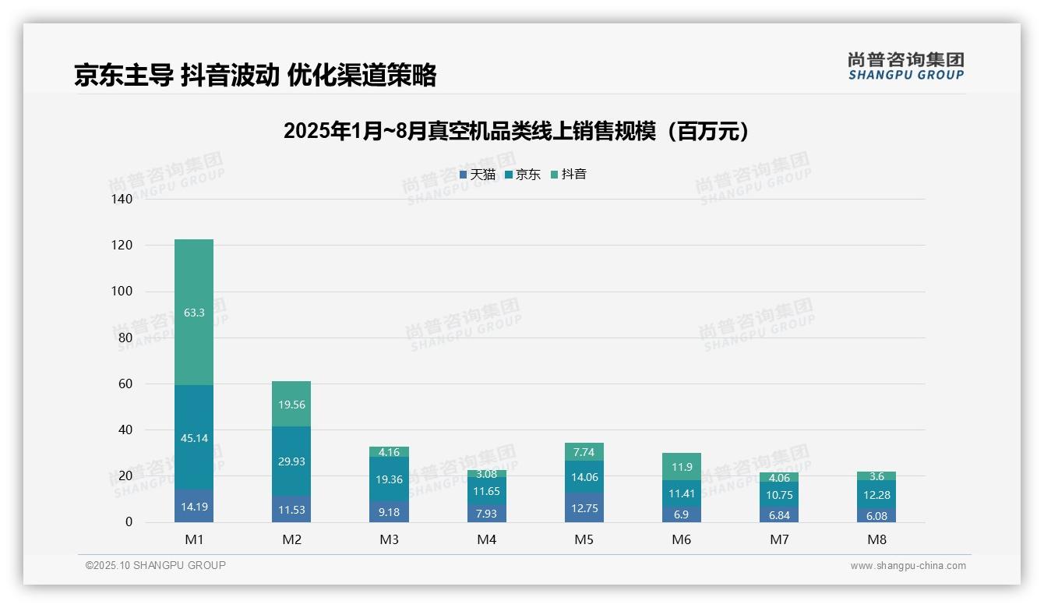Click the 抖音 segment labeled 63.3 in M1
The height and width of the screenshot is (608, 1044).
tap(194, 312)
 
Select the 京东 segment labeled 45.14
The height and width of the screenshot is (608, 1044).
tap(194, 438)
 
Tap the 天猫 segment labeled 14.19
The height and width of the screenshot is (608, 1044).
tap(194, 507)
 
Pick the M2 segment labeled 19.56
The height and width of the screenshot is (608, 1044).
tap(291, 405)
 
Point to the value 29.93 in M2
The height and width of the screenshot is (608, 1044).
tap(291, 461)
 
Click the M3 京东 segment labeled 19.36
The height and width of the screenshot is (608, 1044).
tap(389, 479)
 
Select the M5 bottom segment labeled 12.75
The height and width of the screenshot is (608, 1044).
tap(584, 508)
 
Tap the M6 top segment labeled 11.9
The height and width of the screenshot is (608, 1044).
tap(681, 467)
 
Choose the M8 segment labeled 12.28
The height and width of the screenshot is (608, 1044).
tap(876, 495)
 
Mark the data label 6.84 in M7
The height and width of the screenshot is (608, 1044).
tap(778, 516)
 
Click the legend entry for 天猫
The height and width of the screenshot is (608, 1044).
tap(478, 175)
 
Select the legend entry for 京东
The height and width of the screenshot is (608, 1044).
tap(523, 175)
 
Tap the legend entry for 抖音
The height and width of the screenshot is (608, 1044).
tap(569, 175)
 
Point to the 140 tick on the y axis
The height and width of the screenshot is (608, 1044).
tap(122, 200)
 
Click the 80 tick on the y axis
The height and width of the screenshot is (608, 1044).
tap(125, 338)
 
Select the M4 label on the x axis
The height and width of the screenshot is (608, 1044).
tap(486, 539)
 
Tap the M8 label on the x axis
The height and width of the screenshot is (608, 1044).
tap(876, 539)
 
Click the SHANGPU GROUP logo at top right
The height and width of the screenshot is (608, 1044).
tap(905, 66)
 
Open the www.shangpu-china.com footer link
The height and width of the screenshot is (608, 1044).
tap(908, 566)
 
